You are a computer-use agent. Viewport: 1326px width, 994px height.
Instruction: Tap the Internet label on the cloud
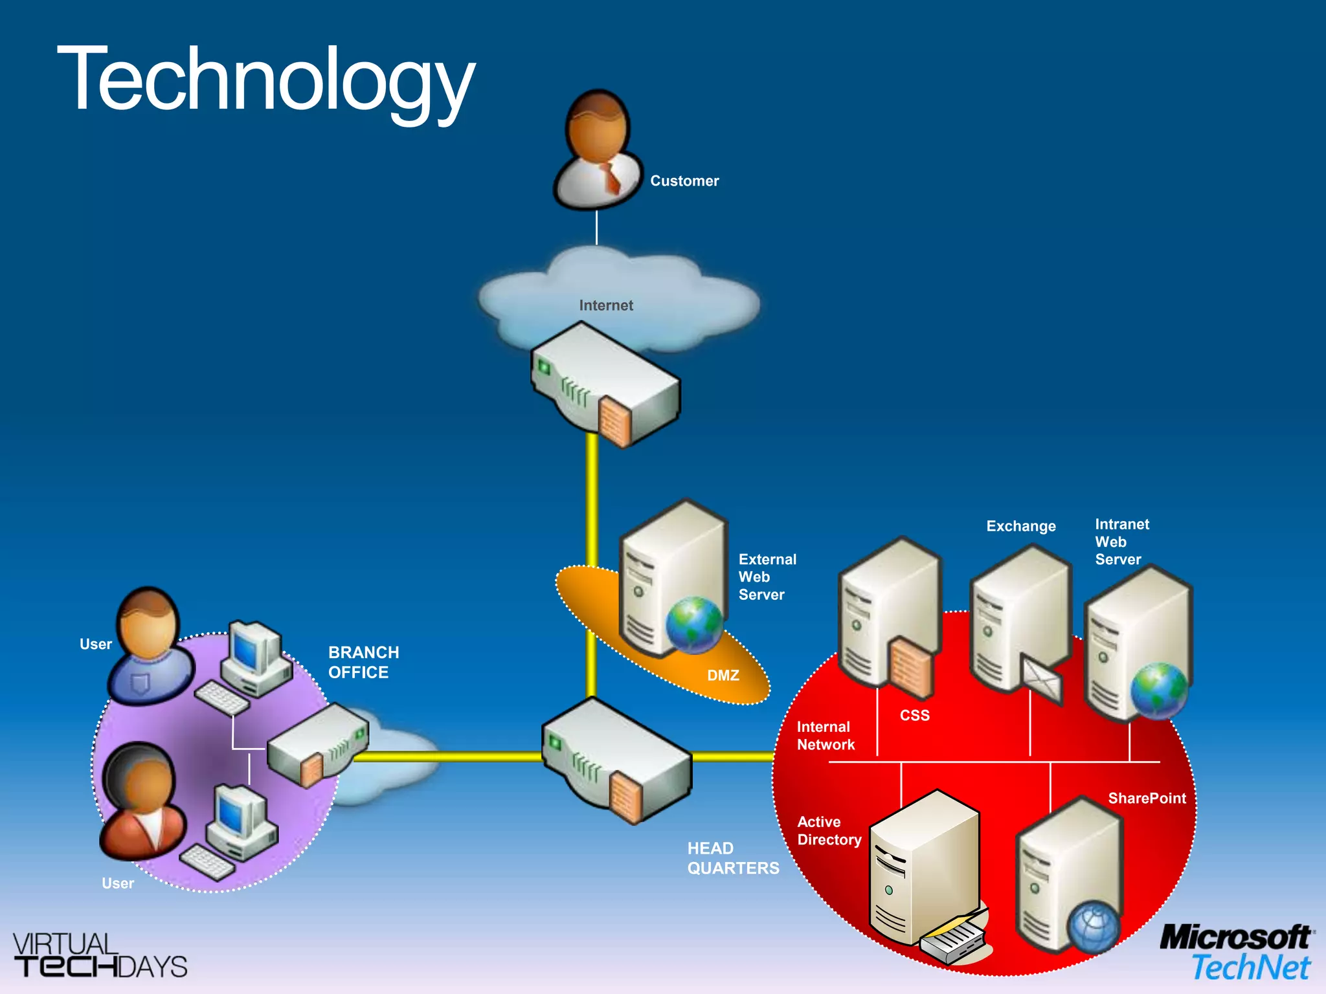[606, 305]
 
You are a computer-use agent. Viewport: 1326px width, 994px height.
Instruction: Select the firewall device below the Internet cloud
[605, 386]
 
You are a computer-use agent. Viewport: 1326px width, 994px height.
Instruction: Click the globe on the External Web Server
[694, 624]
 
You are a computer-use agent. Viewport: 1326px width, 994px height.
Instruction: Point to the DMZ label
[723, 676]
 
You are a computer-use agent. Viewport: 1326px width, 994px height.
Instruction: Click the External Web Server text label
[767, 577]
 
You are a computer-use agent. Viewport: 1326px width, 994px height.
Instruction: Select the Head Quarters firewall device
[617, 760]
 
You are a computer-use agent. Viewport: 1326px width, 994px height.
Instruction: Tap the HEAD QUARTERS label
[732, 858]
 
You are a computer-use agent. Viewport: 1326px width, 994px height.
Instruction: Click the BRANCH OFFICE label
[363, 662]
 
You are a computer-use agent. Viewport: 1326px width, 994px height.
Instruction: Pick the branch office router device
[318, 744]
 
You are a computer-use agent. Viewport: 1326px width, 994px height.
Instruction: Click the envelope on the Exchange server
[1042, 679]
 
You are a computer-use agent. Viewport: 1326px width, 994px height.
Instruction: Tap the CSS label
[914, 715]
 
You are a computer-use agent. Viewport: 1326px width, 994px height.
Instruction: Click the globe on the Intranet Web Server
[1159, 690]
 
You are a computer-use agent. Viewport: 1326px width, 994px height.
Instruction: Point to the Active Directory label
[829, 831]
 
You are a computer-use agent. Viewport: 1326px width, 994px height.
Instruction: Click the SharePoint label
[1147, 799]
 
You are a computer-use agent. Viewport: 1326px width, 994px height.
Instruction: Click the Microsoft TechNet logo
[1236, 953]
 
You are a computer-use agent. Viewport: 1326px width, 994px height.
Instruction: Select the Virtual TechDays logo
[100, 955]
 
